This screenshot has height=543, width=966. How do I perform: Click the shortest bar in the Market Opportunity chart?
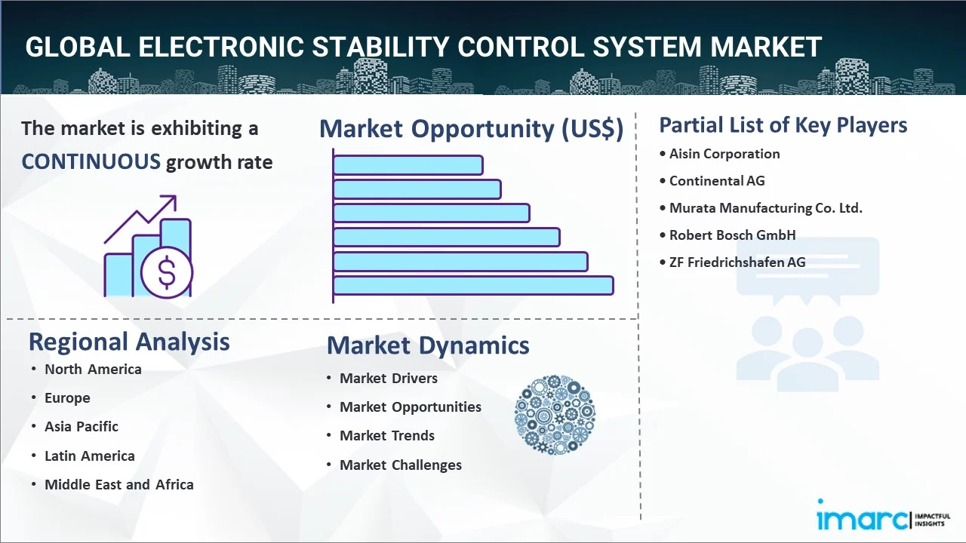click(408, 165)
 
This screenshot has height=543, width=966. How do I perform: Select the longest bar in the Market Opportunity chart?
click(473, 286)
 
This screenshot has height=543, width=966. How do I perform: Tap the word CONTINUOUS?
click(91, 162)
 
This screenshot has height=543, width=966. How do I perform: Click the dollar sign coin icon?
click(167, 272)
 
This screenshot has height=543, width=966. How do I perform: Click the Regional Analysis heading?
click(129, 342)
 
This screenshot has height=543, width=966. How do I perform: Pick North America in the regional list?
click(93, 370)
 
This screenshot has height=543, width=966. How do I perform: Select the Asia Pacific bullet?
click(82, 427)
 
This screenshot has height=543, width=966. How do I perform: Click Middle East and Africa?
click(119, 484)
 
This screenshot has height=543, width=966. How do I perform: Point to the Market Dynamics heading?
click(428, 345)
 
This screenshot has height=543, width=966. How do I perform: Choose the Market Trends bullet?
click(387, 436)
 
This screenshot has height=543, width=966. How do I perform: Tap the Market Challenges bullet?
click(401, 465)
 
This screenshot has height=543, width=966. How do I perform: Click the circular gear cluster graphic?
click(555, 415)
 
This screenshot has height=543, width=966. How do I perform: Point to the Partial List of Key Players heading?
click(783, 125)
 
